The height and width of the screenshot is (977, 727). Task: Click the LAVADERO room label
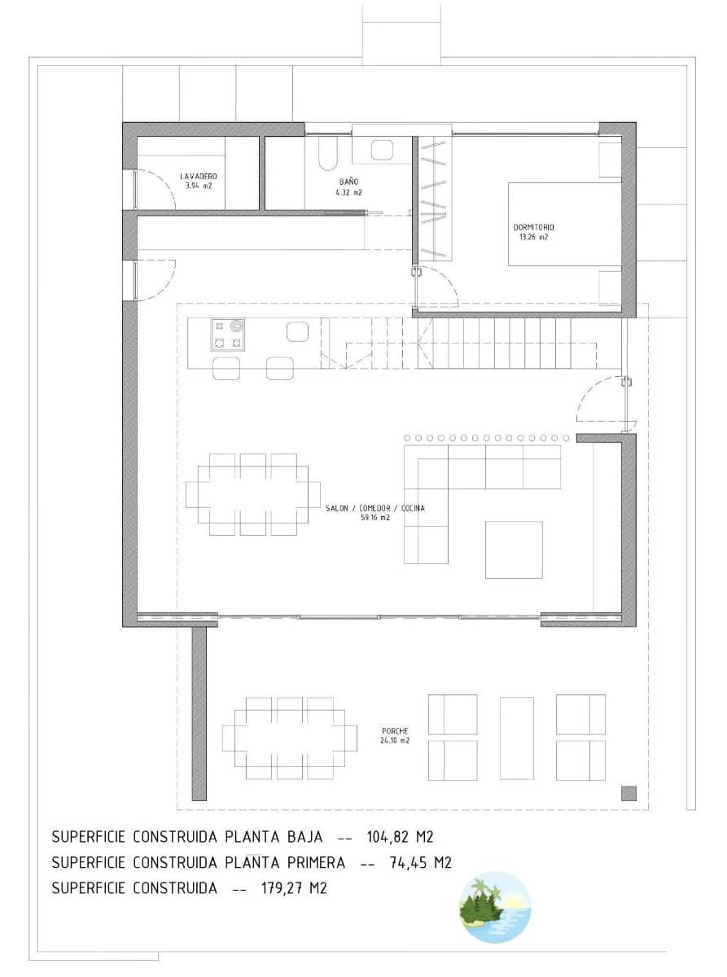pyautogui.click(x=199, y=176)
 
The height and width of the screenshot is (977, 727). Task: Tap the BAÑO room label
pyautogui.click(x=348, y=182)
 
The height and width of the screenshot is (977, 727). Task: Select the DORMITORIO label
pyautogui.click(x=533, y=227)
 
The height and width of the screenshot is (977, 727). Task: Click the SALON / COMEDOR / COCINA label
pyautogui.click(x=375, y=508)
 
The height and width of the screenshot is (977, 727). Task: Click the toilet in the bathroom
pyautogui.click(x=327, y=153)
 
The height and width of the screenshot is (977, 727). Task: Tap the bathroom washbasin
pyautogui.click(x=382, y=150)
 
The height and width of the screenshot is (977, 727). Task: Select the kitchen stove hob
pyautogui.click(x=227, y=335)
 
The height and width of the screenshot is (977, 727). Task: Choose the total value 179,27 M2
pyautogui.click(x=294, y=887)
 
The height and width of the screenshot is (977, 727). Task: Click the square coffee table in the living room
pyautogui.click(x=514, y=550)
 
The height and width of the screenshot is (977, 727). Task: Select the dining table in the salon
pyautogui.click(x=253, y=495)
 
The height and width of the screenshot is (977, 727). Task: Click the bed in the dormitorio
pyautogui.click(x=565, y=224)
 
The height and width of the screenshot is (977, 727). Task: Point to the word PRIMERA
pyautogui.click(x=317, y=862)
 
